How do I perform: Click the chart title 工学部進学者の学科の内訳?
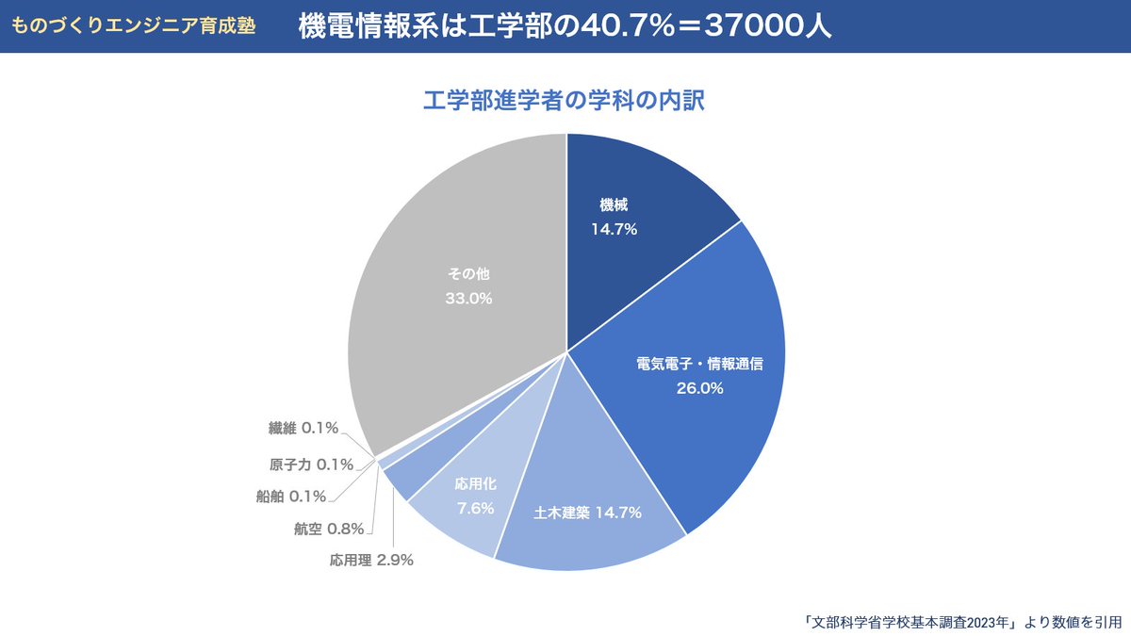[x=565, y=101]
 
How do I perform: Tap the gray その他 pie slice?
[x=452, y=311]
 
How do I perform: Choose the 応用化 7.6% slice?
[x=471, y=499]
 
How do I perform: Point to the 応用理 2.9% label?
[x=371, y=560]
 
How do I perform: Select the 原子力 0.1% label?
[x=311, y=464]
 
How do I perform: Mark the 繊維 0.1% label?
[x=303, y=429]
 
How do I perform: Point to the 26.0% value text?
[x=699, y=387]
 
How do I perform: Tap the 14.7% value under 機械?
[x=615, y=228]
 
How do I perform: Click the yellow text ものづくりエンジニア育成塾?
[x=133, y=25]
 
